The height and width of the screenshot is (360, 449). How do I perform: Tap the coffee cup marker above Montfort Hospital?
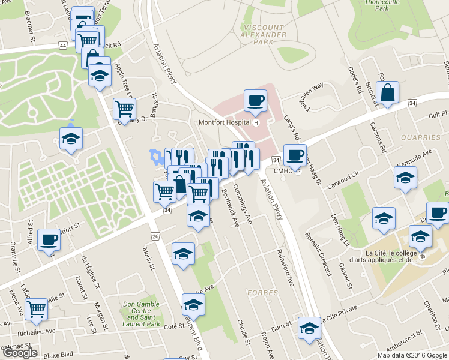(255, 100)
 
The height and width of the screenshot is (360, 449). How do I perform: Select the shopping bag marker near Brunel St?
(388, 93)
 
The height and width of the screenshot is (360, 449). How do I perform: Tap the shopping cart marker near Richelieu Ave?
(36, 309)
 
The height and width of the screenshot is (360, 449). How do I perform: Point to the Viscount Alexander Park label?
(264, 35)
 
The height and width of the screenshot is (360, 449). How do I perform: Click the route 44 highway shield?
(63, 46)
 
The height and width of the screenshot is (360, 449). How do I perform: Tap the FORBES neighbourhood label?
(261, 293)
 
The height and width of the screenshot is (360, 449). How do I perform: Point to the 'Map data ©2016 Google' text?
(412, 355)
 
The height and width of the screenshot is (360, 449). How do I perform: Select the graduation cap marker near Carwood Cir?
(405, 178)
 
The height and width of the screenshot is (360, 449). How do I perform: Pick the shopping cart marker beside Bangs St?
(124, 109)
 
